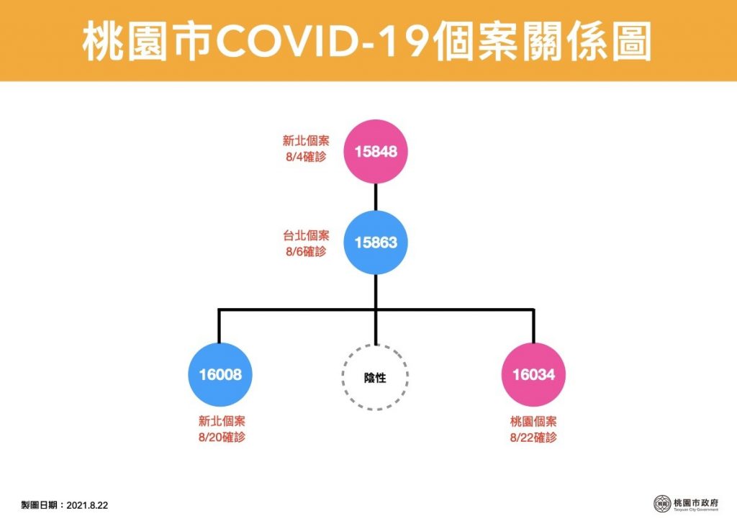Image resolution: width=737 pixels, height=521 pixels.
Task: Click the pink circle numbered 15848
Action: point(376,151)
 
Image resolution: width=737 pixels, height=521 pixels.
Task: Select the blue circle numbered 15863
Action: point(376,243)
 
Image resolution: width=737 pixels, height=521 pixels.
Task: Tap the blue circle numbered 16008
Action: point(220,374)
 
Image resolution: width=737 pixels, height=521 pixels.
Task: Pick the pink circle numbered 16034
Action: point(533,374)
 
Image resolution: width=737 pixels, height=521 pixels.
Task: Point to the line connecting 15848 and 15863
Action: point(376,197)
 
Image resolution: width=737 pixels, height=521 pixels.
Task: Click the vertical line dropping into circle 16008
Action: point(219,325)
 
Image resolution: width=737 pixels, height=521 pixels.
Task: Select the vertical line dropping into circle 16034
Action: point(533,325)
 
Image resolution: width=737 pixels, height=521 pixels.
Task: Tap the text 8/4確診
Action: point(306,157)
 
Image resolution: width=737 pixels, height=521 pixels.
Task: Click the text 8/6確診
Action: point(306,252)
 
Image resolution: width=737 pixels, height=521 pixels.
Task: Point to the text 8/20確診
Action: point(222,437)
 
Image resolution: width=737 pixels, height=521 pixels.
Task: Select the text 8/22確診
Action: point(533,438)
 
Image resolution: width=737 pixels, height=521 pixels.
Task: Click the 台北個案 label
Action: point(306,235)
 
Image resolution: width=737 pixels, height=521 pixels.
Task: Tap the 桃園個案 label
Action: point(533,422)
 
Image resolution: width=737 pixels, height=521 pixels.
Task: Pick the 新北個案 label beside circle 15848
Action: point(306,140)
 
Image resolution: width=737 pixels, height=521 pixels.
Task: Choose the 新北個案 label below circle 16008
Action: point(222,421)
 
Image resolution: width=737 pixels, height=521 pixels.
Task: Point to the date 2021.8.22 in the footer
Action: point(87,505)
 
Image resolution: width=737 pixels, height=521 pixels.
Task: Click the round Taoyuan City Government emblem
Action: point(663,504)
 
